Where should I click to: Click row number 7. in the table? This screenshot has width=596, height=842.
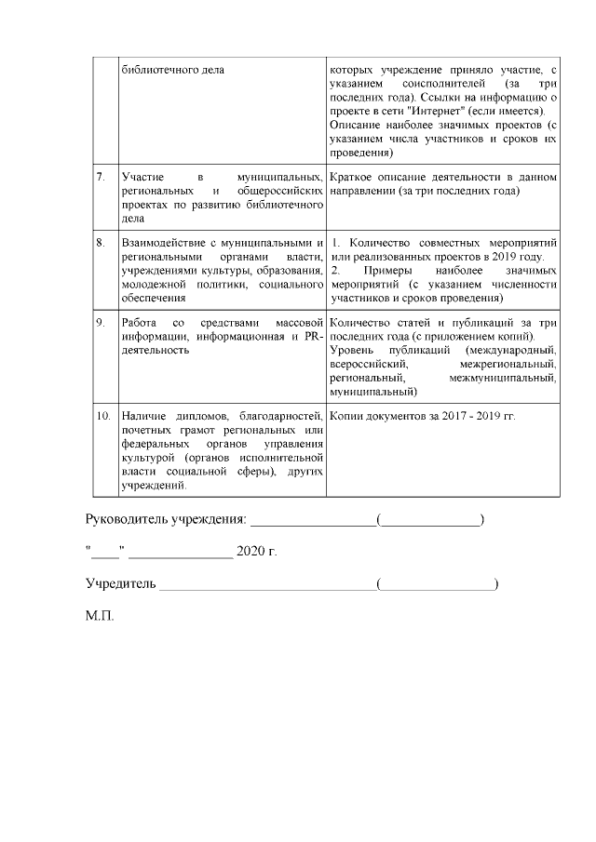point(101,177)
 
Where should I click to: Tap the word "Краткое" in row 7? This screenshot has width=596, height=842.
point(355,177)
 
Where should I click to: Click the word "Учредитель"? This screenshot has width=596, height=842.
point(120,584)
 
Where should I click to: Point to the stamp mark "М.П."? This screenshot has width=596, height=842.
point(99,617)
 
